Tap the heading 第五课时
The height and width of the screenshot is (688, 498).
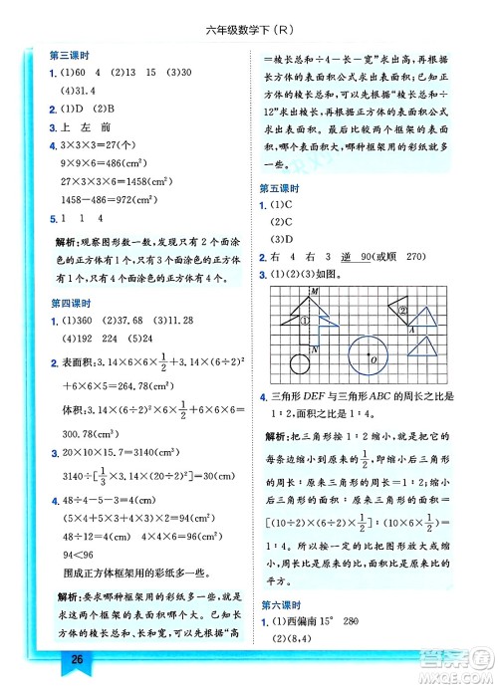[279, 188]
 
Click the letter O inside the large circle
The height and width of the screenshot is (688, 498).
[372, 359]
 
